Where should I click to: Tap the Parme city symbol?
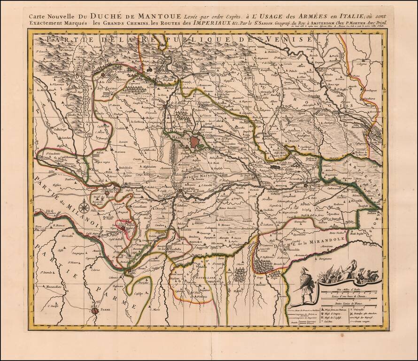click(95, 310)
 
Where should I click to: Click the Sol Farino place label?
click(106, 87)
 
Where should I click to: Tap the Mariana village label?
click(120, 152)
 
